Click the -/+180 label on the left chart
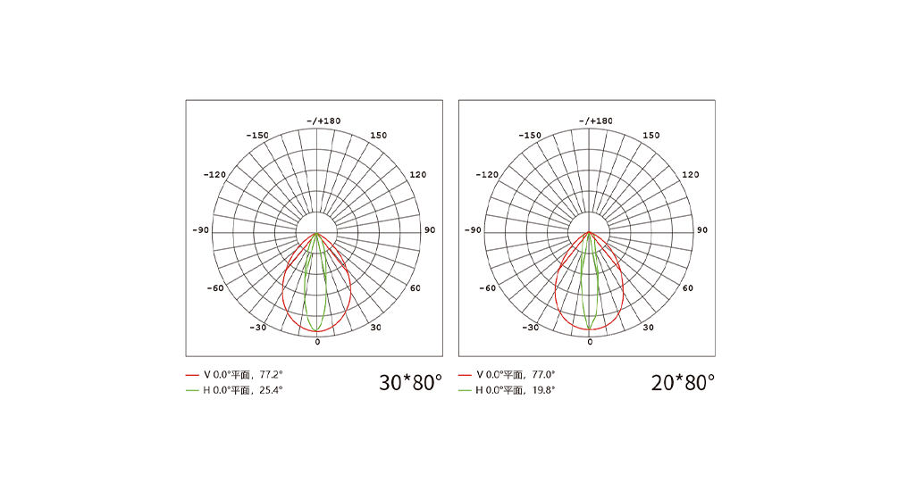pos(323,121)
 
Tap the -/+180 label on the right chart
pos(596,121)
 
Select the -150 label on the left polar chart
pos(257,136)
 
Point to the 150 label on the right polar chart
pos(651,136)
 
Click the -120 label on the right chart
pos(487,175)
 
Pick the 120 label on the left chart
pos(418,175)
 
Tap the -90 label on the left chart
pos(200,230)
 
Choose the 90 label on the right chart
pos(702,230)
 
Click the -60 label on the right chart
pos(487,287)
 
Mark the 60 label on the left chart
pos(415,287)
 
